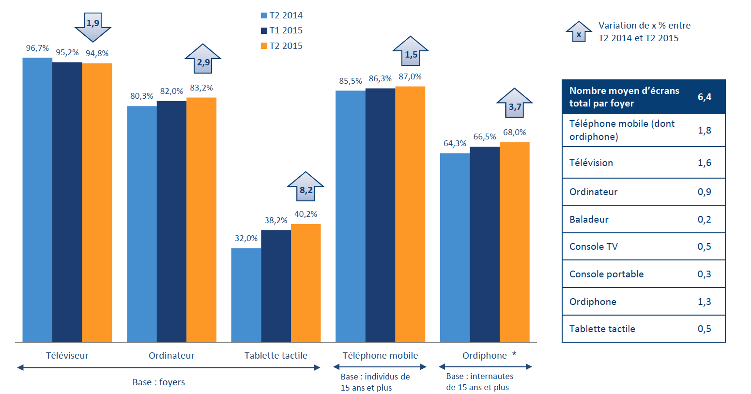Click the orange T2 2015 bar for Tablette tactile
coord(306,283)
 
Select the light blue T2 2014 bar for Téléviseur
coord(37,199)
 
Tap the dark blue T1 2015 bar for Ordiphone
coord(484,244)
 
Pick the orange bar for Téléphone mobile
coord(410,214)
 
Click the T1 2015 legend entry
coord(282,30)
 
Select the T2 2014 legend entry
coord(282,15)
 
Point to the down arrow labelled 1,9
coord(93,26)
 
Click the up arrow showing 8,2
coord(306,187)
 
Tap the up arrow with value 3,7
coord(514,104)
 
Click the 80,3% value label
coord(141,96)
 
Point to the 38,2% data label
coord(276,220)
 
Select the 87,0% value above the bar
coord(410,76)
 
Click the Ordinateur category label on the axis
coord(171,355)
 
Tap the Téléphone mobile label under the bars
coord(380,355)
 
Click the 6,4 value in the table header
coord(704,97)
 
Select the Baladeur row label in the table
coord(589,219)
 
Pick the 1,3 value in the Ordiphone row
coord(704,302)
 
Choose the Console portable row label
coord(606,274)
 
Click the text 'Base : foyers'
coord(159,382)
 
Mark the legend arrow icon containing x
coord(579,32)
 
